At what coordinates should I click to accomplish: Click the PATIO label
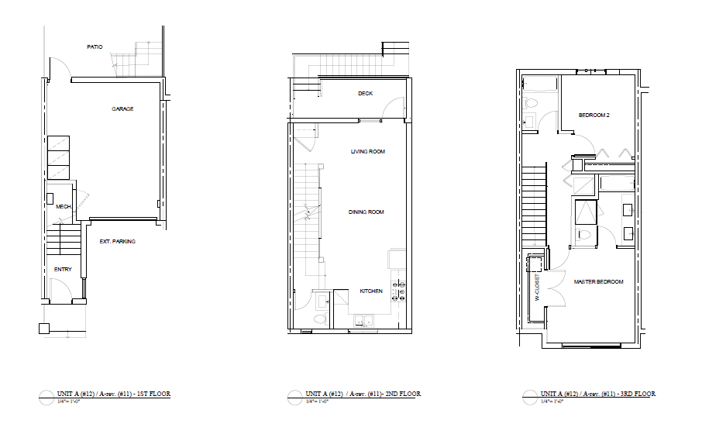pos(95,47)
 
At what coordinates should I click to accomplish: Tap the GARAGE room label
pos(122,109)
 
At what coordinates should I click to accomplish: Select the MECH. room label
pos(64,207)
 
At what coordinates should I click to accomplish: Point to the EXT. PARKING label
pos(118,242)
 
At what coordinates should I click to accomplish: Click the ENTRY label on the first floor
pos(63,270)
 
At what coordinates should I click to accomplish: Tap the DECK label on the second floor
pos(365,94)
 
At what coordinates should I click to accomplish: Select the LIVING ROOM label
pos(367,151)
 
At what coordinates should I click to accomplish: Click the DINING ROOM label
pos(366,212)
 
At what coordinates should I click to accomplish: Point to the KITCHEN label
pos(371,291)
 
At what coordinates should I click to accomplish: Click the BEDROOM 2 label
pos(594,115)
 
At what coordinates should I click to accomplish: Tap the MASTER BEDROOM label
pos(598,281)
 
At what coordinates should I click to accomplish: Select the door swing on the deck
pos(397,108)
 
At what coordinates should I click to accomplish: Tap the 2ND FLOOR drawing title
pos(363,394)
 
